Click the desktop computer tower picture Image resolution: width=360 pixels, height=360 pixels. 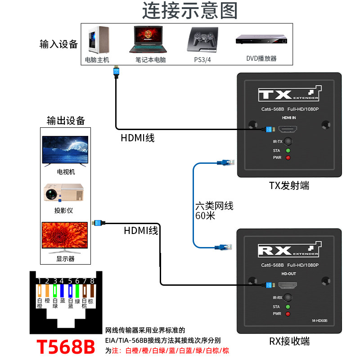[99, 40]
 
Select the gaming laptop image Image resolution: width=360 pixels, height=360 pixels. [148, 39]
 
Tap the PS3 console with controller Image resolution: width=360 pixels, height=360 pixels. [203, 40]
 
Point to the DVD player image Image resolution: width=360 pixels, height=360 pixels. [261, 39]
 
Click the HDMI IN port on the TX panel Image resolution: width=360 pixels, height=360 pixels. [288, 129]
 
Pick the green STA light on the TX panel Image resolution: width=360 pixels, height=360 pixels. [288, 151]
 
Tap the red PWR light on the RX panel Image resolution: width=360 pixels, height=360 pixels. [288, 314]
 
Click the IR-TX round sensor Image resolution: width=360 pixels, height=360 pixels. [288, 141]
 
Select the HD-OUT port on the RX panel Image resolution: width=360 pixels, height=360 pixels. [288, 285]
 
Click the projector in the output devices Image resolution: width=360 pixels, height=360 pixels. [64, 193]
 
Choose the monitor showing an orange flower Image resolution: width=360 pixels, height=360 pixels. [65, 238]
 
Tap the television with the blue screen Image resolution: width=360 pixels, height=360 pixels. [65, 151]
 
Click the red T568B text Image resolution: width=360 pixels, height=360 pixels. [66, 346]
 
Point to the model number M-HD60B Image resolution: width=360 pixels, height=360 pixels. [319, 321]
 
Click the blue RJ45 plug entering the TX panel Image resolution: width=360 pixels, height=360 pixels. [226, 163]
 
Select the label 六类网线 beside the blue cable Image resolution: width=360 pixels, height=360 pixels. [214, 206]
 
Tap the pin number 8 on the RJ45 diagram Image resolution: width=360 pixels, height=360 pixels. [92, 281]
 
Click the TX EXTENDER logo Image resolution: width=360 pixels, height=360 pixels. [290, 94]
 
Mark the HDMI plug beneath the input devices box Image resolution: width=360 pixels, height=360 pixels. [117, 72]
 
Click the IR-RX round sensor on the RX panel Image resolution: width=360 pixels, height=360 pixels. [288, 297]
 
